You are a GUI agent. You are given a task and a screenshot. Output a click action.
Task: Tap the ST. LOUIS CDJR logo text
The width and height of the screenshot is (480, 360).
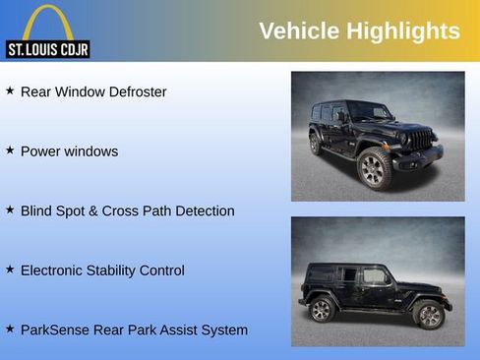(x=47, y=49)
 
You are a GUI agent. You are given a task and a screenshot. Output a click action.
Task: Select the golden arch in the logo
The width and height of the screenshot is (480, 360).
(x=47, y=22)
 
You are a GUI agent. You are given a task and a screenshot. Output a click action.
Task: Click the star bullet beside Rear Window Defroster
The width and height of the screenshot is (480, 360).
(x=10, y=90)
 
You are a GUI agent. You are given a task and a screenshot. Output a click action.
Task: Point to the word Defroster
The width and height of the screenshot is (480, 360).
(x=135, y=92)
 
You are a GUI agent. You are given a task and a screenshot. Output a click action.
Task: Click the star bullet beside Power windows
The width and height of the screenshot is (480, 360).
(x=10, y=150)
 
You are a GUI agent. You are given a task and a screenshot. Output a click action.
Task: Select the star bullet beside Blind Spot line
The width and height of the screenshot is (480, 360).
(x=10, y=210)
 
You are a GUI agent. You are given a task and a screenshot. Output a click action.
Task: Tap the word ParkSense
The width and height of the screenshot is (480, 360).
(x=55, y=330)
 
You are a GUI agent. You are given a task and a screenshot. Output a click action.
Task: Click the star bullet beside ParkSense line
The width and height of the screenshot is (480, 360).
(x=10, y=329)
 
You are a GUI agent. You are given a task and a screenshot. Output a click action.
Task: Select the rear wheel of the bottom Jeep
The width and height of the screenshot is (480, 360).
(x=322, y=310)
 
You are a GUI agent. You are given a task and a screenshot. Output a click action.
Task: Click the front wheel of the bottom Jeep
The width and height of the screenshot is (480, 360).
(x=429, y=314)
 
